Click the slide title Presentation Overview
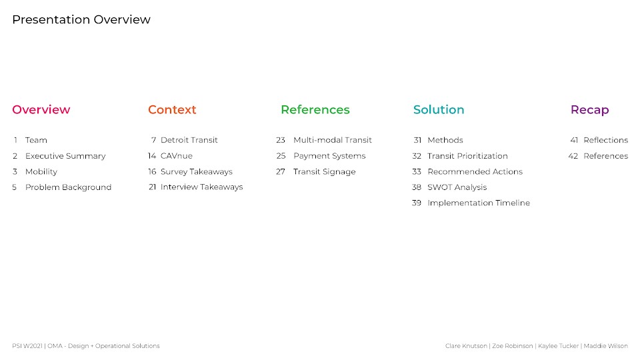click(x=81, y=19)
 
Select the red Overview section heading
click(x=41, y=109)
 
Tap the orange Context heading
click(x=172, y=109)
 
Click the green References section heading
click(x=315, y=109)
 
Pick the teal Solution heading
click(x=439, y=109)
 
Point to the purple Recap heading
click(x=590, y=110)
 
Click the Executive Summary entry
click(x=65, y=156)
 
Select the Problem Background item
click(x=68, y=187)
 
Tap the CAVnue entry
click(x=176, y=156)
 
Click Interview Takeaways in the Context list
click(x=201, y=187)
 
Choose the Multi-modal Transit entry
click(x=333, y=140)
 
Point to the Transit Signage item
click(x=325, y=172)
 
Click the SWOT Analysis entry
click(x=457, y=187)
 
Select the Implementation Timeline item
click(x=479, y=203)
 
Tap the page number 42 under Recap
click(x=573, y=156)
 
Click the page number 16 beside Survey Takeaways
click(x=152, y=172)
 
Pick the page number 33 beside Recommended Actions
click(x=416, y=172)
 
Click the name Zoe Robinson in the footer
click(x=512, y=346)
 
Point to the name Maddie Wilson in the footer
click(x=606, y=346)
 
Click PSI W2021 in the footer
click(x=27, y=346)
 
